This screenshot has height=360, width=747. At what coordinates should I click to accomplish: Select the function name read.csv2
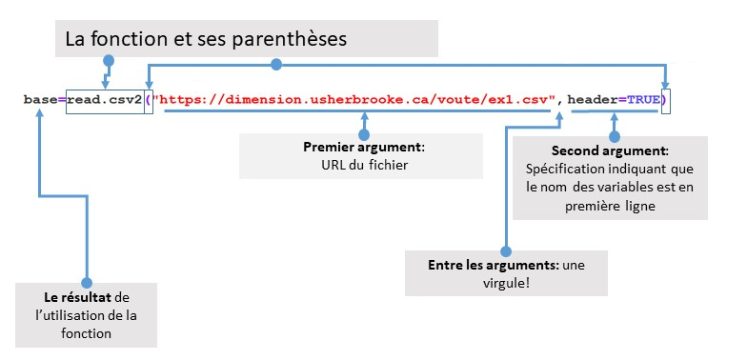[x=104, y=99]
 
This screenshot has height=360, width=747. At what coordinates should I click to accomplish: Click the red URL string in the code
[x=357, y=99]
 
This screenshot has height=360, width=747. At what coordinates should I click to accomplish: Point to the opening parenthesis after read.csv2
[x=149, y=99]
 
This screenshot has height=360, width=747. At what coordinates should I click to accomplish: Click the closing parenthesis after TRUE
[x=665, y=99]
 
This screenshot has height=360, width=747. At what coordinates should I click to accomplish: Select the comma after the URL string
[x=562, y=101]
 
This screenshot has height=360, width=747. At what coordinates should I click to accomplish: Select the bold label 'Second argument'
[x=610, y=151]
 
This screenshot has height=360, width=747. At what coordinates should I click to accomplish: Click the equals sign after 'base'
[x=61, y=99]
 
